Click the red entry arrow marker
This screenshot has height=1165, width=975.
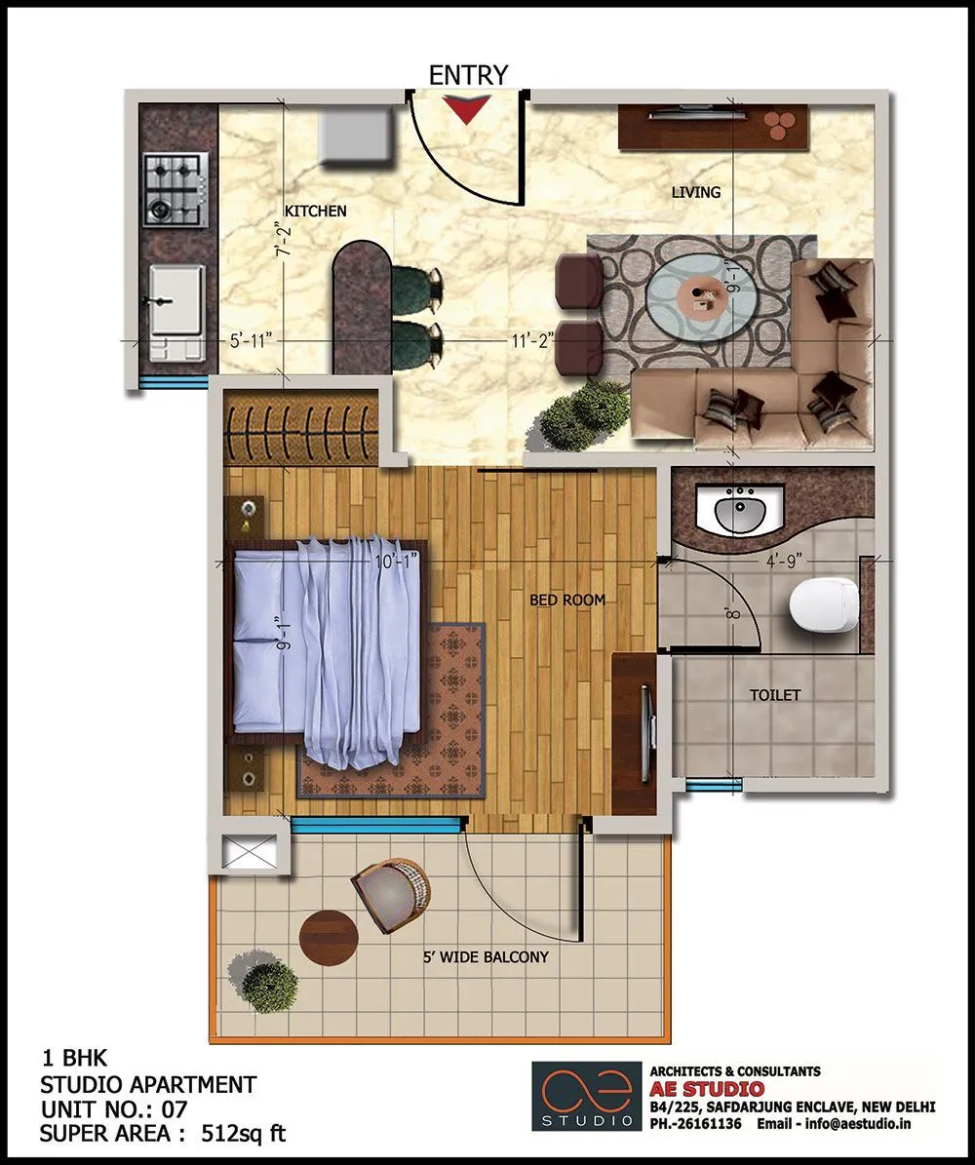click(469, 110)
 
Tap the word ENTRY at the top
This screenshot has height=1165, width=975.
click(468, 75)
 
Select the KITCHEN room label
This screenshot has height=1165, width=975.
click(315, 211)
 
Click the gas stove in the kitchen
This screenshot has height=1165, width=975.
click(175, 189)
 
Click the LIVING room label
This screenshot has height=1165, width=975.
click(696, 192)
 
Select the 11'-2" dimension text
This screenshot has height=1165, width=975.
click(532, 340)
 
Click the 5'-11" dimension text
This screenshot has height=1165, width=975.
click(251, 341)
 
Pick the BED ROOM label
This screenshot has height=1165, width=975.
click(567, 600)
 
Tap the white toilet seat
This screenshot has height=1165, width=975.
click(821, 605)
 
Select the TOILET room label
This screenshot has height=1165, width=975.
click(775, 695)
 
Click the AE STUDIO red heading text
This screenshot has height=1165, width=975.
click(708, 1088)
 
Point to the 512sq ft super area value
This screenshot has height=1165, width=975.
click(244, 1134)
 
